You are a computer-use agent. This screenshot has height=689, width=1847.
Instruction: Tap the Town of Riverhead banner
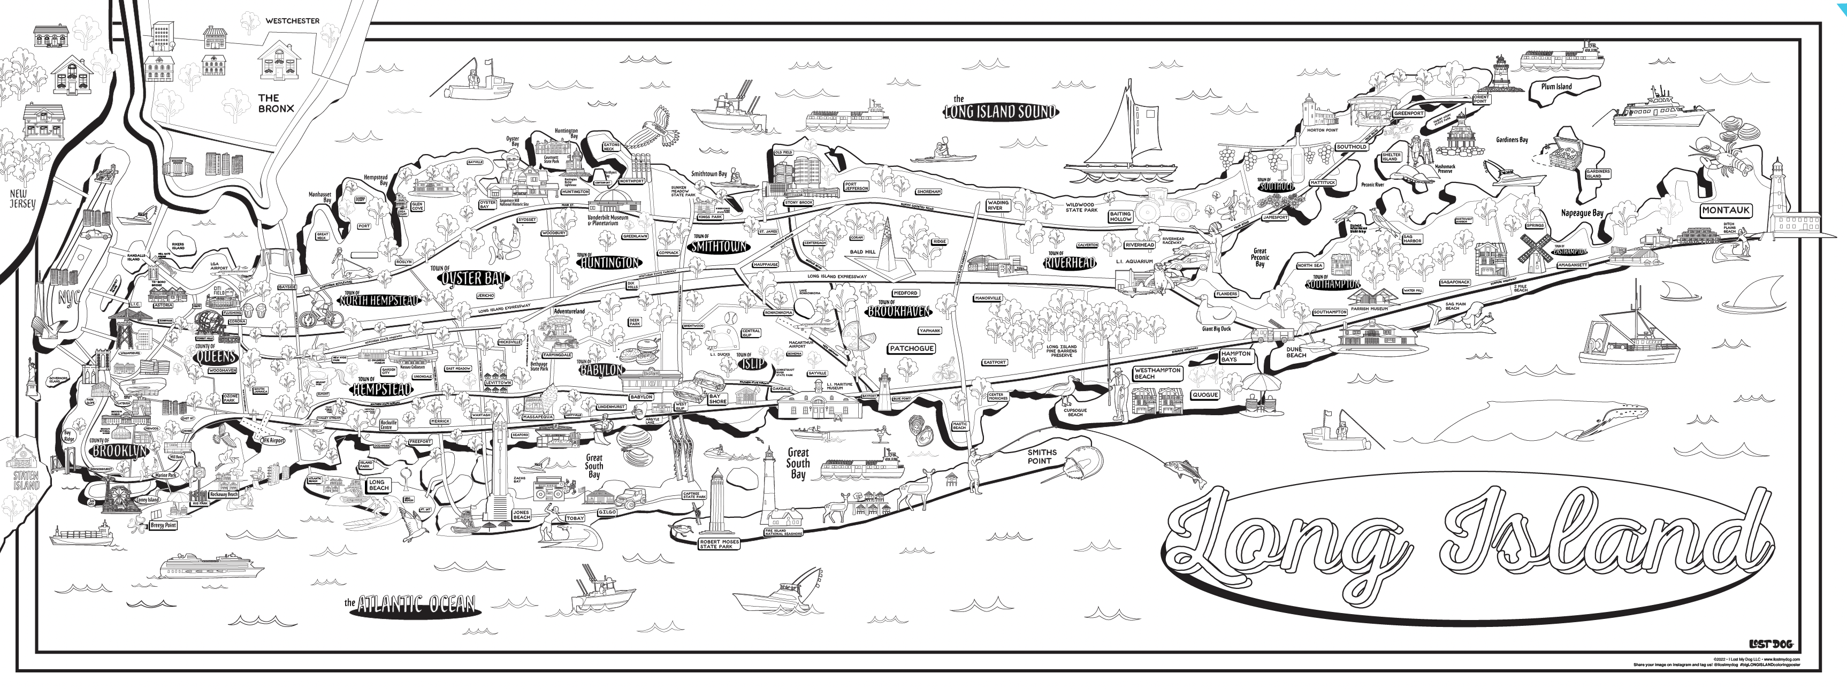[x=1070, y=263]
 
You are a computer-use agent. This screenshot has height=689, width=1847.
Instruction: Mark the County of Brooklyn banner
[x=119, y=449]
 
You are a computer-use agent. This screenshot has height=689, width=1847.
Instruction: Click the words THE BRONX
[x=276, y=103]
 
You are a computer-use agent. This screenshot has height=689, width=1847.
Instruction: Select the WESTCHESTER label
[x=293, y=21]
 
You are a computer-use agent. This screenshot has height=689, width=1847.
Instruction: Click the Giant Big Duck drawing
[x=1215, y=311]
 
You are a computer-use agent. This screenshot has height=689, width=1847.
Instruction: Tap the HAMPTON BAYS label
[x=1235, y=356]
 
